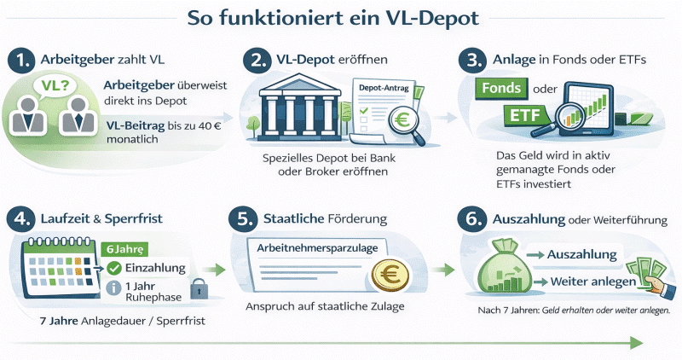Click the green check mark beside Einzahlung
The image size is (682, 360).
(x=114, y=269)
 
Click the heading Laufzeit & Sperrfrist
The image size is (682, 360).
(x=102, y=218)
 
